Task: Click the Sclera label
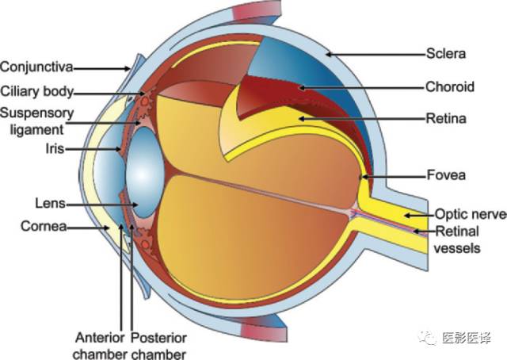click(446, 54)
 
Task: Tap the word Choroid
click(450, 86)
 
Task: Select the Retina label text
click(446, 118)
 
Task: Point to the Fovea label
click(446, 175)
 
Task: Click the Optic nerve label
click(471, 214)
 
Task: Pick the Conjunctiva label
click(36, 67)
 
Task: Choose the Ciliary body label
click(37, 92)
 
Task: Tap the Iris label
click(55, 149)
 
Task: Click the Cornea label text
click(44, 226)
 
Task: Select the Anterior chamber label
click(100, 346)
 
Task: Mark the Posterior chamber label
click(158, 346)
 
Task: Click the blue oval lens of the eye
click(145, 172)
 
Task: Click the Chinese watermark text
click(466, 338)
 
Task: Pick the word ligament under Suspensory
click(37, 130)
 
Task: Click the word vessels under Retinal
click(457, 248)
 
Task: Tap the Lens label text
click(51, 204)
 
